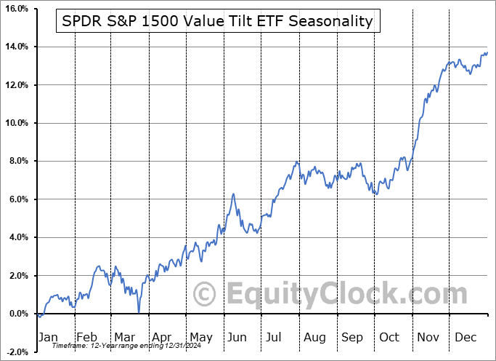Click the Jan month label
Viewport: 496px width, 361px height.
click(48, 337)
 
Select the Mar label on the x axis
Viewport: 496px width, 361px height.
click(125, 337)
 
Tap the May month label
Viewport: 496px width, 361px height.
click(201, 337)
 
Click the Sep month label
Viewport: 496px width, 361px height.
click(353, 337)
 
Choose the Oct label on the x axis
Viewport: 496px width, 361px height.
click(390, 337)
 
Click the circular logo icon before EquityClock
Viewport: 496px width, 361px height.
click(206, 294)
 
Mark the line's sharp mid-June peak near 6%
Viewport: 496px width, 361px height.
click(233, 194)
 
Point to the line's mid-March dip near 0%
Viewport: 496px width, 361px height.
click(138, 312)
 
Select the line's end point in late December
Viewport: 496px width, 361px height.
click(487, 52)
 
